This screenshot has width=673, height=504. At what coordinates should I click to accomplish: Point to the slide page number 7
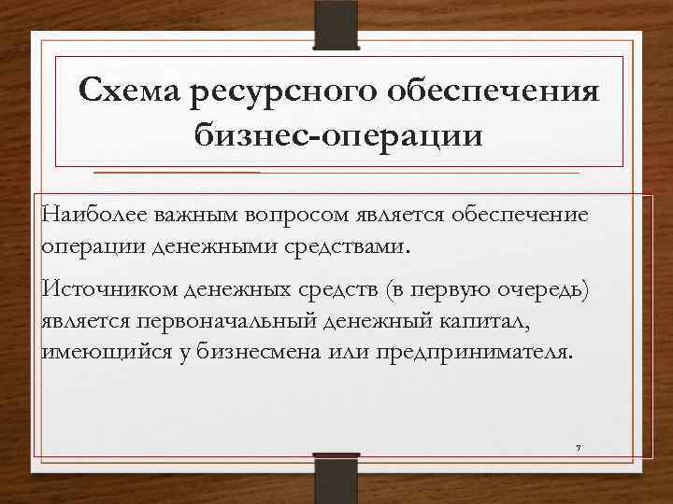(x=579, y=448)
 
